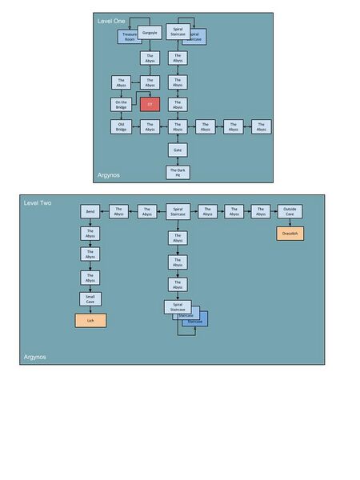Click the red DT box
[x=150, y=104]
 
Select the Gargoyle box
[x=150, y=33]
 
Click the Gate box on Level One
[x=178, y=150]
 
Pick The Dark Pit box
[x=178, y=172]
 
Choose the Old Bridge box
[x=122, y=126]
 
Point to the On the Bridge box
[x=122, y=104]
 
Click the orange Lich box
[x=90, y=320]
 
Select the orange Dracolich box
[x=290, y=234]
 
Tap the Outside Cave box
[x=290, y=211]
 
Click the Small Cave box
[x=90, y=298]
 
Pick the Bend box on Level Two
[x=90, y=211]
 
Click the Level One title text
[x=111, y=20]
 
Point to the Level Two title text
[x=38, y=203]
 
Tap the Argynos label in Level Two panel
[x=34, y=357]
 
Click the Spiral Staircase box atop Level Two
[x=178, y=211]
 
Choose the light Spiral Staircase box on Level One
[x=178, y=32]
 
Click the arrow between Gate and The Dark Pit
[x=178, y=161]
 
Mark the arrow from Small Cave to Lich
[x=90, y=310]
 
